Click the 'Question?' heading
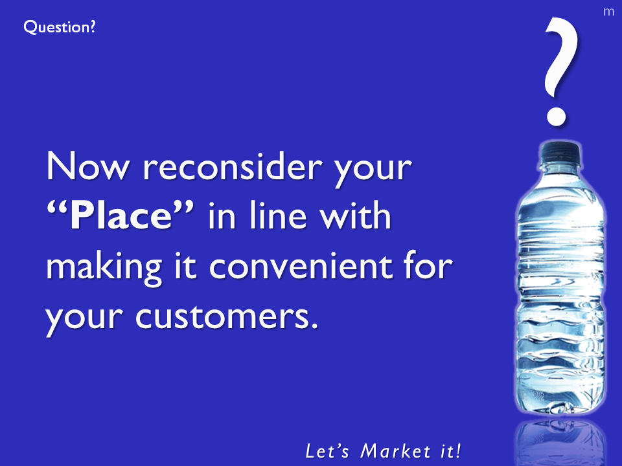(x=60, y=27)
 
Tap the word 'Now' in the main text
(x=87, y=166)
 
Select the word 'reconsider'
(x=232, y=166)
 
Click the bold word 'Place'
(x=121, y=215)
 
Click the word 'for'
(x=428, y=265)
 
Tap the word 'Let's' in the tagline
(x=327, y=451)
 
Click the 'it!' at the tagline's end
(x=452, y=451)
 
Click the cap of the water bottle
(x=560, y=153)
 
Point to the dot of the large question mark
(x=556, y=116)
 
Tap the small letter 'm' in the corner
(x=608, y=12)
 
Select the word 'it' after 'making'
(x=185, y=265)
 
